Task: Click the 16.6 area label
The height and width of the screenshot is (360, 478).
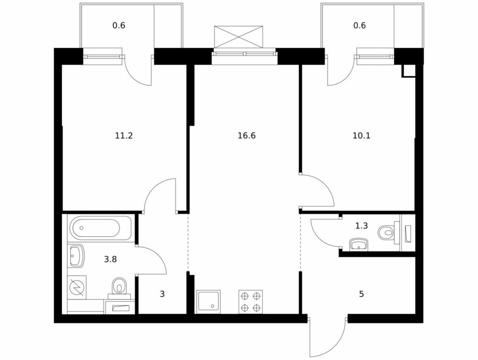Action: (246, 136)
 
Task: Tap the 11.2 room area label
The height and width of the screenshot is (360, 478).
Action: (124, 136)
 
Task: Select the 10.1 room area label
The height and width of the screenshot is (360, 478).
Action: (361, 136)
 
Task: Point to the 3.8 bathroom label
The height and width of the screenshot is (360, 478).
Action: (110, 260)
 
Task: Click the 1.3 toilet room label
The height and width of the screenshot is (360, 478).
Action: (361, 226)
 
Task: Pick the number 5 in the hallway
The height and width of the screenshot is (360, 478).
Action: (361, 294)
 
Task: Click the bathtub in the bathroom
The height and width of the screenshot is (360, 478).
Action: (101, 228)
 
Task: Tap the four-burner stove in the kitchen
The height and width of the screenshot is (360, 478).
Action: (251, 302)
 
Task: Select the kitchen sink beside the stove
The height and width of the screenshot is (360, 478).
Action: (209, 302)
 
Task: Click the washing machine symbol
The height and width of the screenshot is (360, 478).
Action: (76, 288)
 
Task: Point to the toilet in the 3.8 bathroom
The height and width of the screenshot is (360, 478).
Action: (119, 287)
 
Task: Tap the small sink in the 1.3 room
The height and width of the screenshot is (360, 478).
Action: (359, 245)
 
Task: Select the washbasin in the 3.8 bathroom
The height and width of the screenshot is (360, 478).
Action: (76, 255)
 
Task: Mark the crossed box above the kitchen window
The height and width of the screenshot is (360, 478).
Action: (239, 37)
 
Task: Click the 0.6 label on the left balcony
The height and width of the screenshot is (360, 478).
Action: (119, 25)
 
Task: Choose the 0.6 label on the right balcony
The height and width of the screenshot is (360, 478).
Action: (359, 25)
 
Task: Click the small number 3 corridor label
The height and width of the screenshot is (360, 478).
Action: (162, 294)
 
